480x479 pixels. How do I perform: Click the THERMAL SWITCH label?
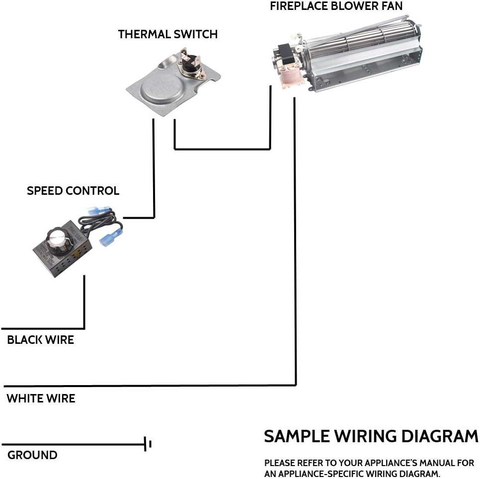tap(168, 34)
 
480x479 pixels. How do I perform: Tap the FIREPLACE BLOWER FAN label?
tap(336, 6)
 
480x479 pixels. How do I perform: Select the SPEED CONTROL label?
tap(73, 191)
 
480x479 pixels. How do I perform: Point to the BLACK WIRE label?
tap(40, 340)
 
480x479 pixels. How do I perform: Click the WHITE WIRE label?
tap(41, 399)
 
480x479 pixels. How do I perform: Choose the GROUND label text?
tap(32, 455)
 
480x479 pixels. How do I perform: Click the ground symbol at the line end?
tap(148, 444)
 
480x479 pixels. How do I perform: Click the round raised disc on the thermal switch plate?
tap(158, 87)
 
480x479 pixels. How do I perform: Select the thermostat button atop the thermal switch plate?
tap(189, 64)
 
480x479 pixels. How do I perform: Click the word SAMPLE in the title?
tap(297, 436)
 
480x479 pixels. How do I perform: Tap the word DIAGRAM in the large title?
tap(440, 436)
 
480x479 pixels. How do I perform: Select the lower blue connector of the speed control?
tap(111, 235)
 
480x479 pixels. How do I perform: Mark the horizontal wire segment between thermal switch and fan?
tap(222, 150)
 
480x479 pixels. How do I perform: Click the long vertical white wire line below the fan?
tap(295, 241)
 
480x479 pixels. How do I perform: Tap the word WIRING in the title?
tap(365, 436)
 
